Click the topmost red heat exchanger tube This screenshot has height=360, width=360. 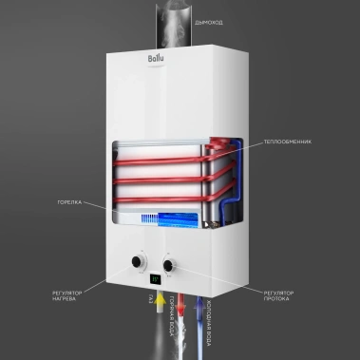pyautogui.click(x=161, y=150)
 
